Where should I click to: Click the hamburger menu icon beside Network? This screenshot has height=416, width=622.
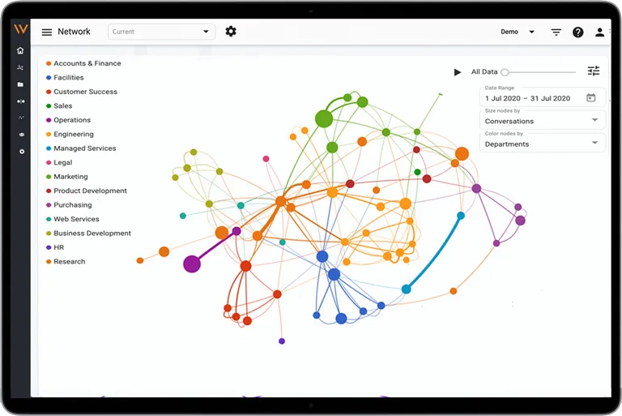47,32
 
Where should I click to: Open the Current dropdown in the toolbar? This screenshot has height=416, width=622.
161,32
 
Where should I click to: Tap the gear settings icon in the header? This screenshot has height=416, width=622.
231,32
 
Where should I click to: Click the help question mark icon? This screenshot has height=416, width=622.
577,32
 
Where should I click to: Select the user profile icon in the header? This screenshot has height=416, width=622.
599,32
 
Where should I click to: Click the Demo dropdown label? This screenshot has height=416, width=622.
509,32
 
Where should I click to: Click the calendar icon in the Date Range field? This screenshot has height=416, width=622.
590,98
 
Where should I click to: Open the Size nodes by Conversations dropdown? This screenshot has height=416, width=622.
543,121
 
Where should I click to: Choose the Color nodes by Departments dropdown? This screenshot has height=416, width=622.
543,144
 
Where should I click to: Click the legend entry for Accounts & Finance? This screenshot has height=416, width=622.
83,63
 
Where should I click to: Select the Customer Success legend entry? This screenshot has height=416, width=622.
82,92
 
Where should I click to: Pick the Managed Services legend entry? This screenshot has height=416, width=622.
81,148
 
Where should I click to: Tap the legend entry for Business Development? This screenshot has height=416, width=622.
88,234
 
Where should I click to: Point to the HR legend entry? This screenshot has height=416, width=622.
55,247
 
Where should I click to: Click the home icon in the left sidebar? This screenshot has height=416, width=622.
20,50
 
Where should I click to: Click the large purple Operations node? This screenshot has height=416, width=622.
192,264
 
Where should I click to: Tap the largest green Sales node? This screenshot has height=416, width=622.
324,119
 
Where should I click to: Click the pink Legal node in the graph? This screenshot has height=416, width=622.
266,159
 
